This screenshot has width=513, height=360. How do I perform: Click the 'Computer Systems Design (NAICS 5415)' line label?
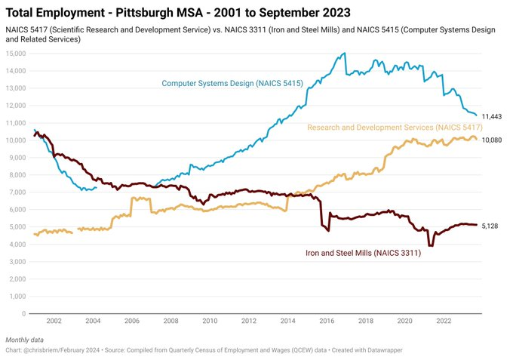click(232, 83)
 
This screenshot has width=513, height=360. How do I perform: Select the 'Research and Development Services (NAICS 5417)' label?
click(389, 128)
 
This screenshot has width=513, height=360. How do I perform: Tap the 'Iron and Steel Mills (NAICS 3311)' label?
click(363, 254)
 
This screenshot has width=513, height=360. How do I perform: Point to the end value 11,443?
click(492, 116)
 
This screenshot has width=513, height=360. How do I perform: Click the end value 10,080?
click(492, 140)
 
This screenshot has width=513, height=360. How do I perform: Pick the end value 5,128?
click(490, 226)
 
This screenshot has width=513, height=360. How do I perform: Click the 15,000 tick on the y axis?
click(16, 54)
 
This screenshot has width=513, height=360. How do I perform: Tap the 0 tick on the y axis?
click(25, 313)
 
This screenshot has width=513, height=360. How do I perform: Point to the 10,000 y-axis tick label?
click(16, 140)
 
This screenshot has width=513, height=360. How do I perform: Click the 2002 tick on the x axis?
click(54, 321)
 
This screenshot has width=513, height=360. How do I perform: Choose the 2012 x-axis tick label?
click(248, 321)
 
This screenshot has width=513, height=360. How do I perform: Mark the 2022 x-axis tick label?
click(444, 321)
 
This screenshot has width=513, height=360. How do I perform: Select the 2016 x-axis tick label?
click(327, 321)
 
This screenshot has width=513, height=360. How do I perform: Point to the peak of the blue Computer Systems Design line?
click(345, 54)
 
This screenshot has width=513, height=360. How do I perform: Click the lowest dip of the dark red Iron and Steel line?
click(431, 245)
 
